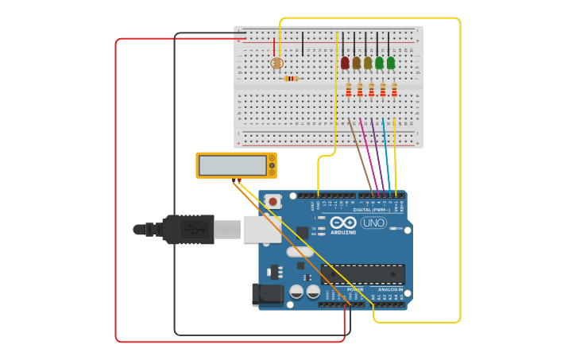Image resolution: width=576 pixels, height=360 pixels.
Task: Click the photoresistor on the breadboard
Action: tap(276, 63)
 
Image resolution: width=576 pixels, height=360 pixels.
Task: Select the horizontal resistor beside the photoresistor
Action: tap(291, 78)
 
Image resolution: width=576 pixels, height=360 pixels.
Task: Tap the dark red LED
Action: tap(345, 63)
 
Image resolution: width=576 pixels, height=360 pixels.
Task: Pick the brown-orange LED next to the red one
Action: tap(356, 63)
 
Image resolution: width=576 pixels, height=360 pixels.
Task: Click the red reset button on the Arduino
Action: tap(273, 202)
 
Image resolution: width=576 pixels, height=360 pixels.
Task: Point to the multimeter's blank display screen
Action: tap(232, 165)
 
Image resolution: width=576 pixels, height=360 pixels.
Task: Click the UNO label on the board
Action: tap(373, 223)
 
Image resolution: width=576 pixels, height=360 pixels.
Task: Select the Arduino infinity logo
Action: tap(343, 223)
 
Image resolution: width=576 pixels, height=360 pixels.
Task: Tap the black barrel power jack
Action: tap(268, 294)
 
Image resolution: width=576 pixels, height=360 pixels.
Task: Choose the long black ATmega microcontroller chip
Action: tap(362, 273)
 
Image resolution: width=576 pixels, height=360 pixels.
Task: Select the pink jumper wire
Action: tap(369, 155)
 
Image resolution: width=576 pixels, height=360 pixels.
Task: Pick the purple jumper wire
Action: tap(377, 155)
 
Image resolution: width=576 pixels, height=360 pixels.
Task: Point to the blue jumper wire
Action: tap(386, 155)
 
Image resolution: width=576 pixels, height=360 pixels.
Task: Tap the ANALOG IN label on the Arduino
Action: tap(389, 289)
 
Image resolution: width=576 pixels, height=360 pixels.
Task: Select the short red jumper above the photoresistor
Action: tap(274, 46)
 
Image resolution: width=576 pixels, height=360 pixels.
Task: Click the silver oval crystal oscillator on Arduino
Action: tap(300, 252)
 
